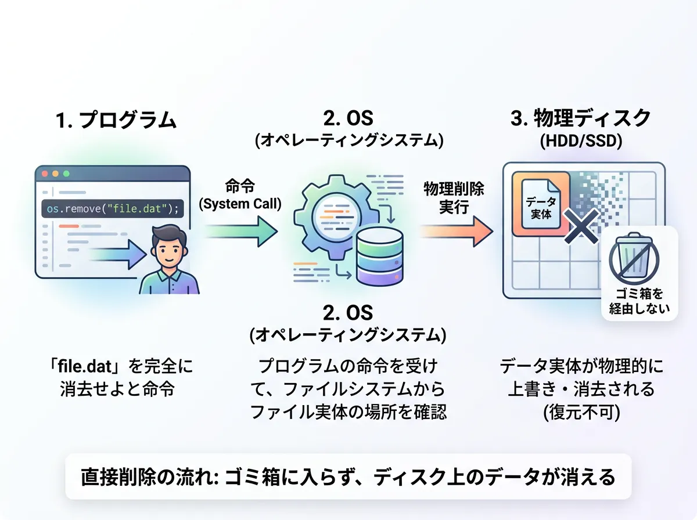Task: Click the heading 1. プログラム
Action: tap(116, 120)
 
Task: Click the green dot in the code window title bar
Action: tap(66, 174)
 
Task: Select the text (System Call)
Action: tap(240, 204)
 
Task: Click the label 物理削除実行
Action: tap(454, 198)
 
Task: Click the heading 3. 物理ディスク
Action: tap(581, 119)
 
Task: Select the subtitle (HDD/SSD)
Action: tap(581, 142)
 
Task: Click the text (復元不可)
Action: tap(581, 413)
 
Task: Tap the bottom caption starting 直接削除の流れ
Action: tap(348, 477)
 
